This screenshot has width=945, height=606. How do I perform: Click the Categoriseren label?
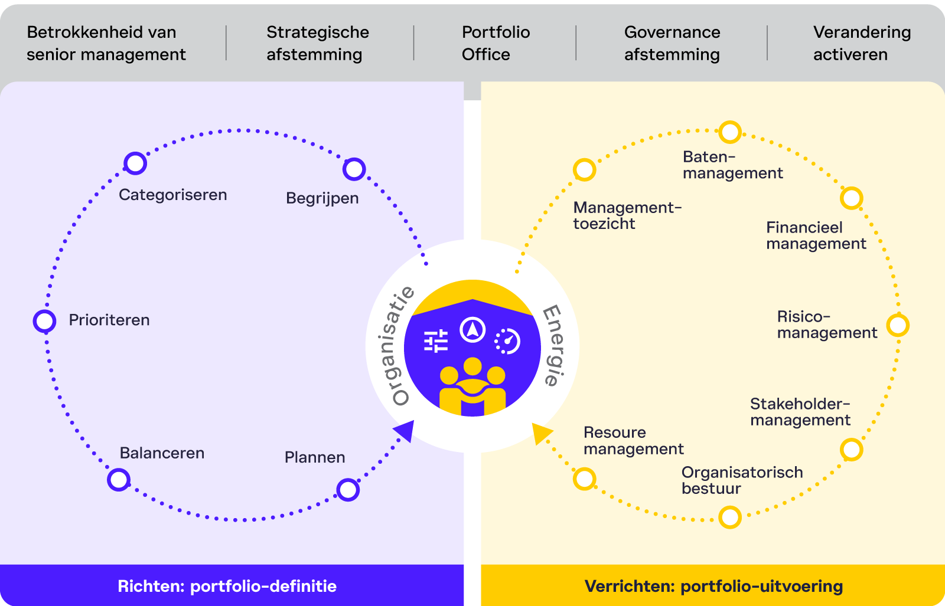[172, 195]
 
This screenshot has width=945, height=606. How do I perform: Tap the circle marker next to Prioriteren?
[44, 321]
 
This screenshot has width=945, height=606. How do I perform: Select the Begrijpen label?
[322, 198]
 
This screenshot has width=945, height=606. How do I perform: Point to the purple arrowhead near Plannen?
[405, 430]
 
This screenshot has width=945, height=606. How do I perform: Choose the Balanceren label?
[162, 453]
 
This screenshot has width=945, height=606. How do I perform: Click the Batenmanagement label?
[732, 165]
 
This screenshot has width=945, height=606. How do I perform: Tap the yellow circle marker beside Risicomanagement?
[898, 325]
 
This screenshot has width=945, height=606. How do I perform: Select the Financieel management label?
[816, 235]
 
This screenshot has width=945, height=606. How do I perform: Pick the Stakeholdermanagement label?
[800, 412]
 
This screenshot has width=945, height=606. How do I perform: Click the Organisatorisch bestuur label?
[742, 480]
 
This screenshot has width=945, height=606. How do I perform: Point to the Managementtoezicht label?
[627, 215]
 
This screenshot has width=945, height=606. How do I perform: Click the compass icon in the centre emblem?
[472, 329]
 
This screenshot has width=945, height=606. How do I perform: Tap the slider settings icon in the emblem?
[436, 341]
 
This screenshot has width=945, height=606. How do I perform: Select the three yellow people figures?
[472, 386]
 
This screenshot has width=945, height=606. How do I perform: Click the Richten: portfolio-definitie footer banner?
[227, 586]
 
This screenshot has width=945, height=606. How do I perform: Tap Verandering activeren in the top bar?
[861, 43]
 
